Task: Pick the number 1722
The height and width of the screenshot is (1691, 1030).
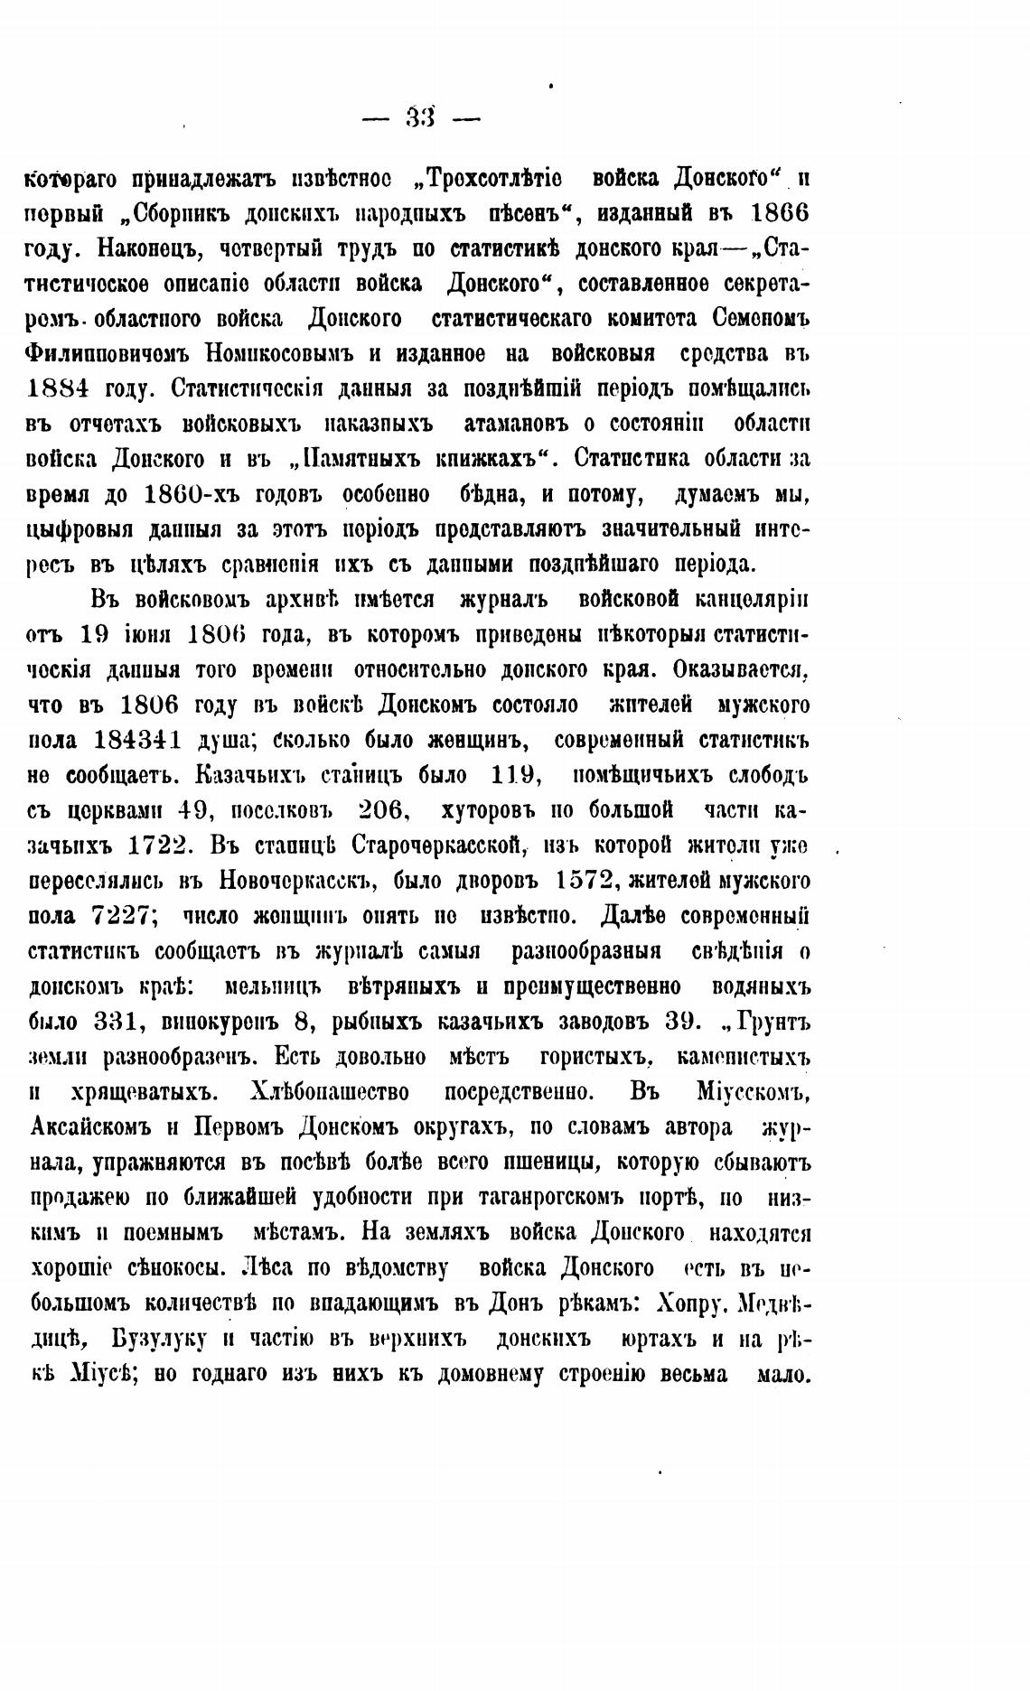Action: [157, 845]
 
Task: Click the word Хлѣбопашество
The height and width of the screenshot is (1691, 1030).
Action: [329, 1092]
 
